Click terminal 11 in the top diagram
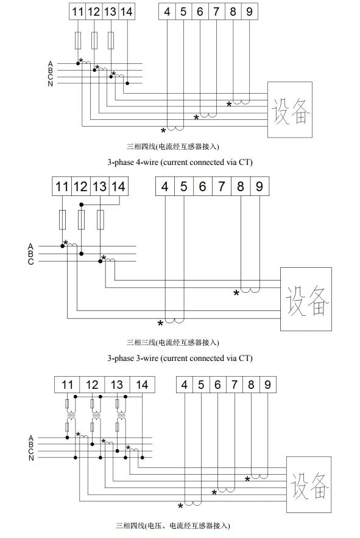click(77, 12)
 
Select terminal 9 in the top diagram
click(249, 12)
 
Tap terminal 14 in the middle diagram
click(119, 186)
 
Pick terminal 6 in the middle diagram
click(203, 186)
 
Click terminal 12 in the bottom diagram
click(92, 385)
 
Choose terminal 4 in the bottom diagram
click(185, 385)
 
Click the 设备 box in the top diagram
click(290, 110)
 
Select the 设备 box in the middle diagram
click(306, 299)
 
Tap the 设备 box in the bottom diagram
click(309, 485)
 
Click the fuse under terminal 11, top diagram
click(78, 41)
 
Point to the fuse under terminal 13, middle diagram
click(101, 220)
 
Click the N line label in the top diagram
click(51, 84)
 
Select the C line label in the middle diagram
click(31, 262)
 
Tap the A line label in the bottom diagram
click(31, 438)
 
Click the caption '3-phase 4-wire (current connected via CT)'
click(180, 162)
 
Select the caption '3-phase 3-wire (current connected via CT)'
click(180, 358)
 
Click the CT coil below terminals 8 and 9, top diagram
click(241, 103)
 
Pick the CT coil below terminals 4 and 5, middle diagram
click(175, 321)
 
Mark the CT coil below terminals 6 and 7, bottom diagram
click(227, 490)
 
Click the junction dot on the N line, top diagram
click(127, 83)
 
